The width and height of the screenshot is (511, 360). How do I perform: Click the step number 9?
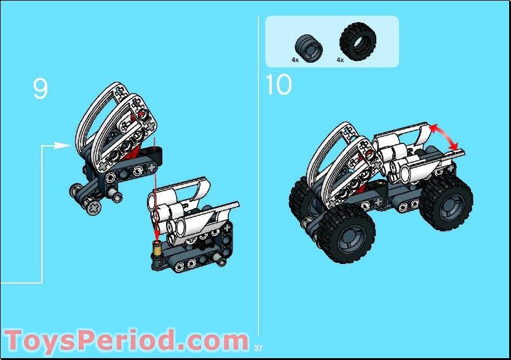pyautogui.click(x=40, y=89)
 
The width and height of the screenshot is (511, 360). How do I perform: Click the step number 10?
pyautogui.click(x=279, y=84)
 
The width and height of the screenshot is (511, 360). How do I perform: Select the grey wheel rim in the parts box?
pyautogui.click(x=303, y=45)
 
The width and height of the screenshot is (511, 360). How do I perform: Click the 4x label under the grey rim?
pyautogui.click(x=295, y=60)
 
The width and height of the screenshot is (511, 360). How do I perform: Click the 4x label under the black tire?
pyautogui.click(x=340, y=60)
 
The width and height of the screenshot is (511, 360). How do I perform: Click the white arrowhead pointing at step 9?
pyautogui.click(x=61, y=145)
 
